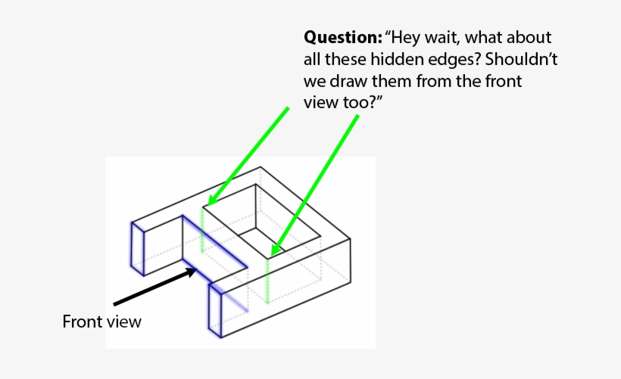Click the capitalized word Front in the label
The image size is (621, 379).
click(x=81, y=322)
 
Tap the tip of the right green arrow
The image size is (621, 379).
click(x=273, y=251)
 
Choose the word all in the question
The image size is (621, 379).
click(x=314, y=59)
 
